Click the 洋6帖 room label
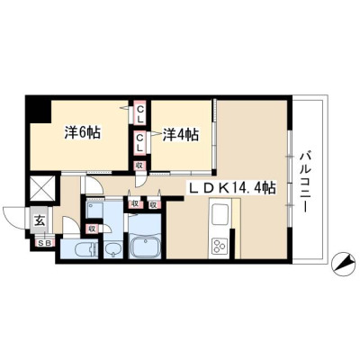coord(83,133)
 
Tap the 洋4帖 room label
coord(181,135)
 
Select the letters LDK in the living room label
coord(207,188)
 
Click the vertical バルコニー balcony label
coord(305,183)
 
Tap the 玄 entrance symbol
coord(40,221)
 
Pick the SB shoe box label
coord(46,243)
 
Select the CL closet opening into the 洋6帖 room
coord(139,112)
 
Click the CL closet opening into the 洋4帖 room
coord(139,143)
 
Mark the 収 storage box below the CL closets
coord(139,166)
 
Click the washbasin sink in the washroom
coord(112,249)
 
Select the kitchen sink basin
coord(221,214)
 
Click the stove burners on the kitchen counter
coord(220,247)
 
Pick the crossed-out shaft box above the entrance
coord(42,188)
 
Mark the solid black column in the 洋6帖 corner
coord(38,109)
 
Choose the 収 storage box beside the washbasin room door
coord(92,229)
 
